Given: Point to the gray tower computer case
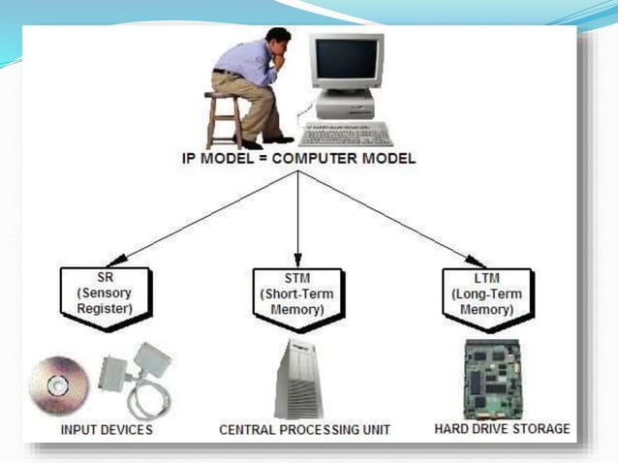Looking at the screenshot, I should pyautogui.click(x=297, y=379).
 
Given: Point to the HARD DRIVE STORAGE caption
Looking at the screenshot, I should pyautogui.click(x=501, y=427).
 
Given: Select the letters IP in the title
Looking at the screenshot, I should pyautogui.click(x=195, y=159).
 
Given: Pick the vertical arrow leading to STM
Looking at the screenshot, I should pyautogui.click(x=297, y=218).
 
